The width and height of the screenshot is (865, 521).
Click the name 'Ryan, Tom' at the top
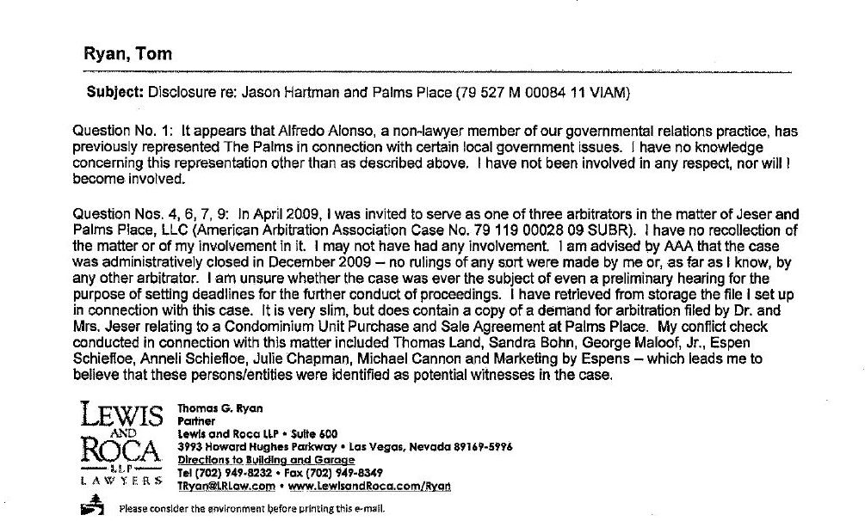[x=127, y=53]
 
